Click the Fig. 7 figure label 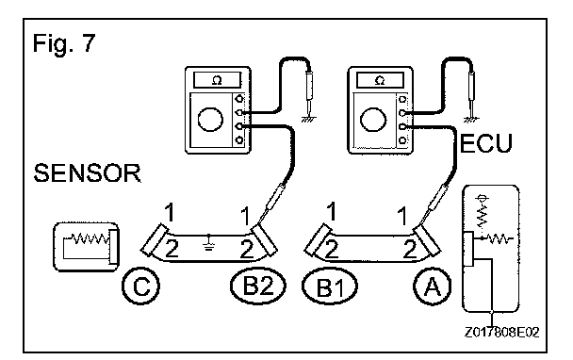(64, 43)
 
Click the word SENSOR (88, 173)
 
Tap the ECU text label (486, 143)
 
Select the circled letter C (140, 286)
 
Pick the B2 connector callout (258, 285)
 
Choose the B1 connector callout (330, 286)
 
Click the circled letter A (433, 286)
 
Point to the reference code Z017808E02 (501, 333)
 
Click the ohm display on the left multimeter (217, 80)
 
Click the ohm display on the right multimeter (380, 80)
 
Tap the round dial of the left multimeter (210, 120)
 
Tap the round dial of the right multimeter (373, 120)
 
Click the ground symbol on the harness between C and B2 (208, 242)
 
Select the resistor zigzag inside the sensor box (90, 238)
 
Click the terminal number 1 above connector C (170, 213)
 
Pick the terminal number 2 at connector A (410, 249)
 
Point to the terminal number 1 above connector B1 (331, 212)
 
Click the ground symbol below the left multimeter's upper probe (309, 119)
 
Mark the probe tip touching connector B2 (259, 222)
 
